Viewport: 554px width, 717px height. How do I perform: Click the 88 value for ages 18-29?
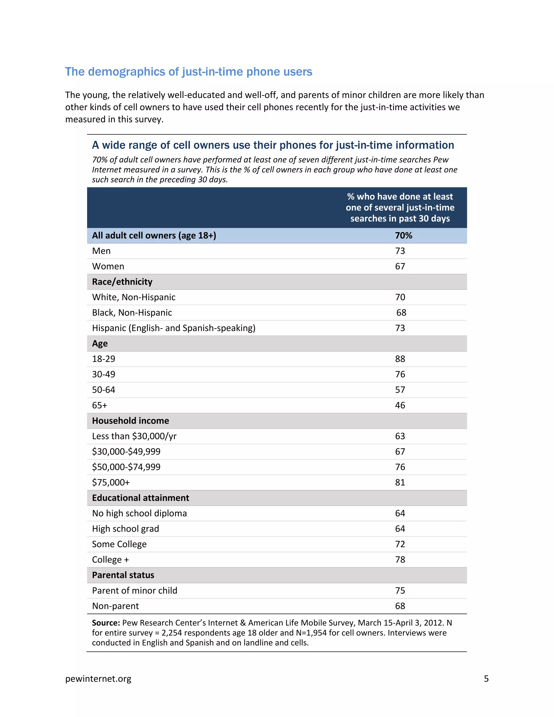tap(400, 359)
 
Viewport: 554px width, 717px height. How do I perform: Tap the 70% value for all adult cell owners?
tap(403, 235)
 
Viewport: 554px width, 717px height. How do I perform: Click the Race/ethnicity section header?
tap(122, 282)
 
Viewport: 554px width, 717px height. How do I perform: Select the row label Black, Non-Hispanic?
tap(132, 313)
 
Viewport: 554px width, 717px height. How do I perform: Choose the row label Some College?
tap(119, 544)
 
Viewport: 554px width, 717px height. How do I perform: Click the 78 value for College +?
tap(400, 560)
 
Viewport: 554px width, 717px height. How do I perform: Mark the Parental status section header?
tap(123, 575)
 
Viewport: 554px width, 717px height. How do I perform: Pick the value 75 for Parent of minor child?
tap(400, 590)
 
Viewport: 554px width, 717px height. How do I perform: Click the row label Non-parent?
tap(115, 606)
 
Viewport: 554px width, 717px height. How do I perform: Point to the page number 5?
tap(486, 679)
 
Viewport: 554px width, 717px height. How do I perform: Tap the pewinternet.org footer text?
tap(98, 679)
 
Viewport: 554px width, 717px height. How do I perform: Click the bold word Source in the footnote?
tap(106, 623)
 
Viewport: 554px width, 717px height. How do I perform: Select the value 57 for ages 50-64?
tap(400, 390)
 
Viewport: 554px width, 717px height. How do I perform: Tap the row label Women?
tap(108, 266)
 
